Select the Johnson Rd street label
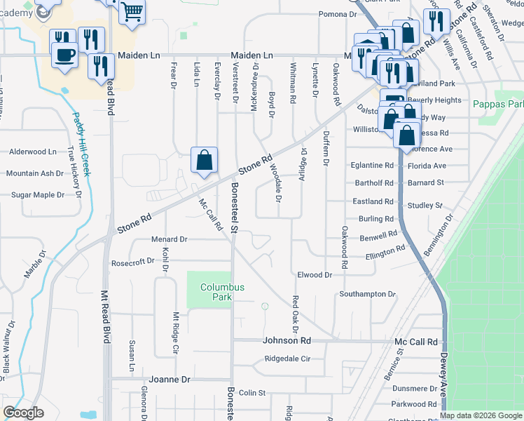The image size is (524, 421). point(286,341)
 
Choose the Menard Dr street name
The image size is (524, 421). point(169,239)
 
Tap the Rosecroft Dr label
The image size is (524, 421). point(132,262)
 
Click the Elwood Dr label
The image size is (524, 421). point(315,275)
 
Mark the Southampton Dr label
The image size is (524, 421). point(368,294)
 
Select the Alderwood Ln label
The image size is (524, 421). point(32,152)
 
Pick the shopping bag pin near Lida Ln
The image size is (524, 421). point(204,160)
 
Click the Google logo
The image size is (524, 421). point(23,413)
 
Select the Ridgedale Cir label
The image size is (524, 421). point(287,359)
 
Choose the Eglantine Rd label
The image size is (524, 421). point(371,166)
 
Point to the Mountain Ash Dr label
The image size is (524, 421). point(35,173)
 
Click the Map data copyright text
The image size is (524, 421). point(481,415)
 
